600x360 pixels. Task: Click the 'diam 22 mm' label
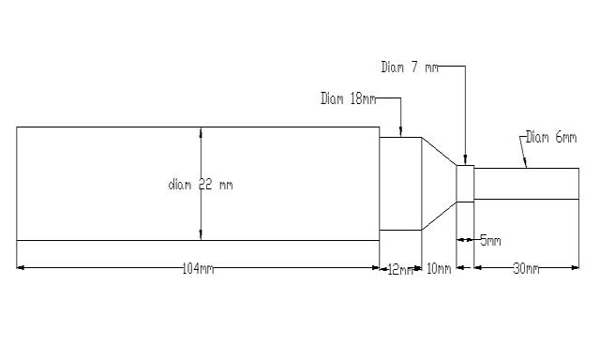tap(201, 186)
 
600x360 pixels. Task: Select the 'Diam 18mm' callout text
tap(348, 98)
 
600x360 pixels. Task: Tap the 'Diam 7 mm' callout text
tap(410, 67)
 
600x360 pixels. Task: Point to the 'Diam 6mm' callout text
tap(551, 137)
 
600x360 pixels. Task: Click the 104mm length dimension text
tap(198, 268)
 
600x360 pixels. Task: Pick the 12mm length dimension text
tap(400, 270)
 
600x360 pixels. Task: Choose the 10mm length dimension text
tap(439, 268)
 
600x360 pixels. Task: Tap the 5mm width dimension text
tap(490, 241)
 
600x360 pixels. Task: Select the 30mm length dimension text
tap(526, 269)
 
